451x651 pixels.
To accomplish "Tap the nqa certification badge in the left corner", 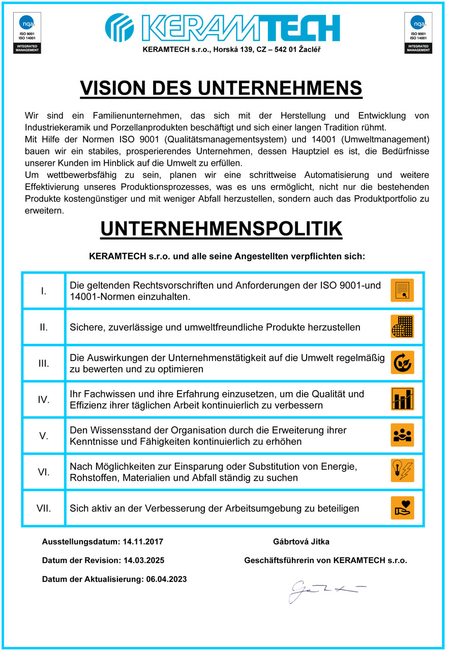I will [x=27, y=33].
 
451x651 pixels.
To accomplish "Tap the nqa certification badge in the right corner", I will [x=418, y=33].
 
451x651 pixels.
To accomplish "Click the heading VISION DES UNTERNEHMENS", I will [x=221, y=88].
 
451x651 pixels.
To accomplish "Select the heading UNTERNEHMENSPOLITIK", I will [x=221, y=229].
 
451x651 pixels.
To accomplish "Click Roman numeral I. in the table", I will [x=44, y=291].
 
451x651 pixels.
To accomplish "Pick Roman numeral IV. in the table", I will [x=44, y=399].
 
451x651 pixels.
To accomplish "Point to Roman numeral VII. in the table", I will [x=44, y=508].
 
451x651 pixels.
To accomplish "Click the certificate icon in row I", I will [x=402, y=290].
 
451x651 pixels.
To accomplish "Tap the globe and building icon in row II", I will [x=402, y=327].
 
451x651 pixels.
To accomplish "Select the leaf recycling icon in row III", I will [x=402, y=363].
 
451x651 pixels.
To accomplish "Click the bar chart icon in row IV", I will [x=402, y=399].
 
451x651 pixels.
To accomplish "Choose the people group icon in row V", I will [x=402, y=435].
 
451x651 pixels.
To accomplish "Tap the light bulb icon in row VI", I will [x=402, y=471].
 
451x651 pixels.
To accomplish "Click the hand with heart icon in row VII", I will [x=402, y=508].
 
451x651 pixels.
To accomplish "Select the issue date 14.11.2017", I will [x=143, y=542].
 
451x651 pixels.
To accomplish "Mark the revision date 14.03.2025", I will [x=144, y=560].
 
